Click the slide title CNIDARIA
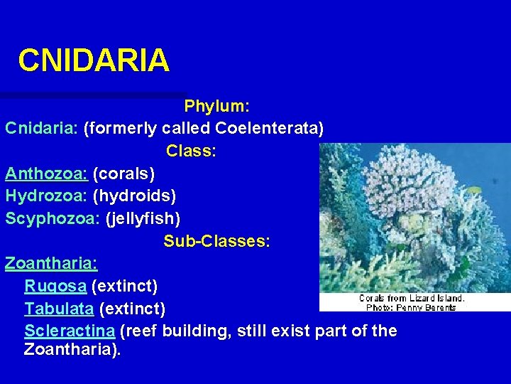coord(94,60)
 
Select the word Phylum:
coord(216,107)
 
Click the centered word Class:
coord(191,151)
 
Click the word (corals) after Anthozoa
coord(123,173)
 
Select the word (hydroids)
coord(134,195)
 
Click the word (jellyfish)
coord(143,218)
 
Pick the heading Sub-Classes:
coord(216,241)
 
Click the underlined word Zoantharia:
coord(51,263)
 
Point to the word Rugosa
coord(55,286)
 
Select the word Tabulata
coord(59,309)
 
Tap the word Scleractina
coord(70,331)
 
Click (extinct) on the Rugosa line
coord(125,286)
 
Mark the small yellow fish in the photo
coord(473,190)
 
